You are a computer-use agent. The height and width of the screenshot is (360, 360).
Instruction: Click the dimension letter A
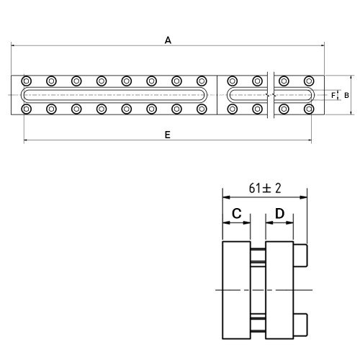click(x=168, y=40)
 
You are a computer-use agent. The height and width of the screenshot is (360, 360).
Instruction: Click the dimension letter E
click(x=168, y=135)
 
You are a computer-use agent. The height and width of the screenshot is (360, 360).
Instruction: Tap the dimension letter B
click(x=346, y=95)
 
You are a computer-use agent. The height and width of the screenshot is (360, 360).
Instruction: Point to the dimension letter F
click(x=333, y=95)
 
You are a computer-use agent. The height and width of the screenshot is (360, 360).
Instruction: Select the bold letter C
click(x=237, y=213)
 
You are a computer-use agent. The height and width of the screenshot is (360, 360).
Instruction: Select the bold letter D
click(x=279, y=213)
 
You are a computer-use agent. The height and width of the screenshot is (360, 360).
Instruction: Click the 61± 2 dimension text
click(x=265, y=188)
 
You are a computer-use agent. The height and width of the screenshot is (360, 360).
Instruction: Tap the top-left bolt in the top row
click(x=27, y=81)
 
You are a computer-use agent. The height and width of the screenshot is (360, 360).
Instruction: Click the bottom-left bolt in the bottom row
click(x=27, y=109)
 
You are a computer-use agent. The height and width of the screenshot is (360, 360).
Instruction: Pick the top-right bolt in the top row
click(x=309, y=81)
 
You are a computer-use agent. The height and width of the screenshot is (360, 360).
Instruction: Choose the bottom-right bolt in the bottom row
click(x=309, y=109)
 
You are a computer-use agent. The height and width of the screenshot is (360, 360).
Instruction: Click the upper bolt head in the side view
click(x=300, y=256)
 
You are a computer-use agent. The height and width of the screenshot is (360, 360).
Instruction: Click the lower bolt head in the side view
click(x=300, y=325)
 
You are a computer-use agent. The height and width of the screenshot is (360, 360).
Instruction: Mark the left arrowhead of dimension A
click(x=13, y=45)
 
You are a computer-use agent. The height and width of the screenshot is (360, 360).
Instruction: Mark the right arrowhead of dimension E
click(x=310, y=140)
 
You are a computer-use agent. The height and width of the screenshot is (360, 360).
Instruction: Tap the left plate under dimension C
click(x=237, y=290)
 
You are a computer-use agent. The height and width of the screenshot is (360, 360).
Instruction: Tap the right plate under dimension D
click(x=279, y=290)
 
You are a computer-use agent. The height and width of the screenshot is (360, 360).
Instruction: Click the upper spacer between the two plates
click(x=258, y=256)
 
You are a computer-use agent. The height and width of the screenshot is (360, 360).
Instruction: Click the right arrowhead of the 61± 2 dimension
click(x=304, y=197)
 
